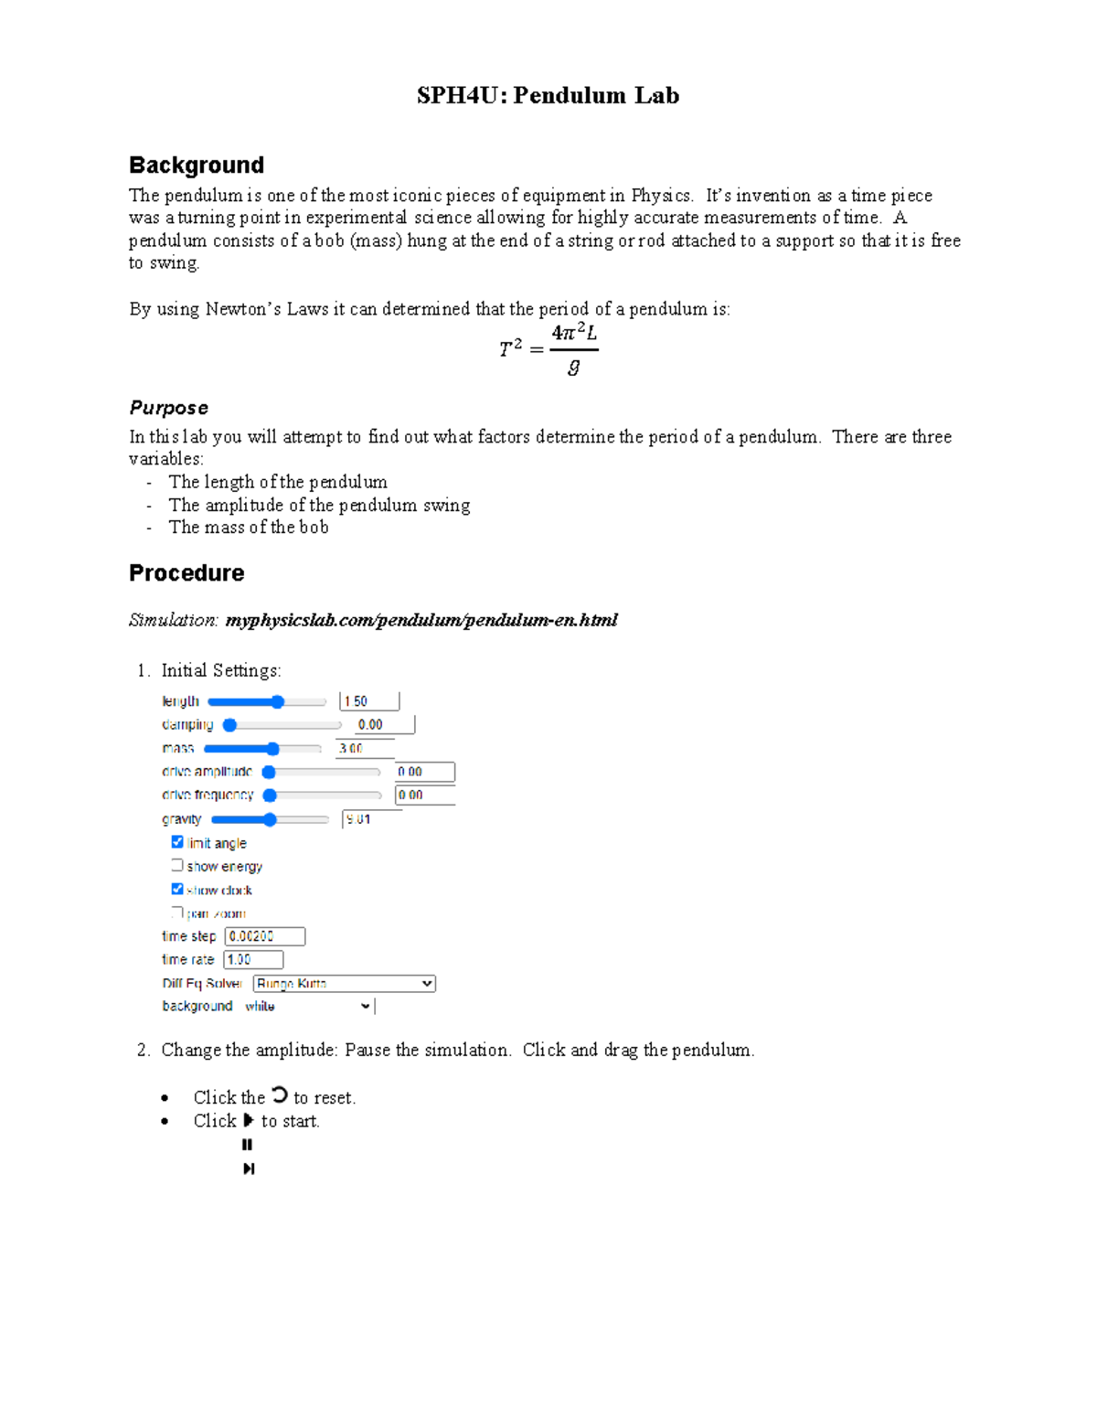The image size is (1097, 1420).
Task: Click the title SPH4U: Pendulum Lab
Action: (548, 96)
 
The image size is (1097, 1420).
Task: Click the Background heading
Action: (197, 165)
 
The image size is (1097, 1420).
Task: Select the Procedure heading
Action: (186, 573)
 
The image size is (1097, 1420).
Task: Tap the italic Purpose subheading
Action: (169, 408)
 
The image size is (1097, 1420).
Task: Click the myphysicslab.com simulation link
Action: (421, 620)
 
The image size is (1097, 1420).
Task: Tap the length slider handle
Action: (277, 701)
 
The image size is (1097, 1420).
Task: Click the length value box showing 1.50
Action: (369, 701)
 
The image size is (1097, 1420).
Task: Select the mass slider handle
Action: (272, 749)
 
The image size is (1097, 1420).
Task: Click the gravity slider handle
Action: (270, 819)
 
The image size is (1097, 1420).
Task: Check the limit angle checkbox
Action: (177, 842)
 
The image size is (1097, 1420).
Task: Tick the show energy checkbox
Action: (177, 865)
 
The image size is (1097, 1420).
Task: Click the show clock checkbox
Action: (177, 889)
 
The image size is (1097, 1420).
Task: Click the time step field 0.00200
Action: (264, 936)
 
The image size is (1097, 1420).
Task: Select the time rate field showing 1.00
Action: (253, 959)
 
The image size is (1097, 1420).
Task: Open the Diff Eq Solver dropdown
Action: (344, 983)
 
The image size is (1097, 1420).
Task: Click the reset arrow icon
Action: (279, 1094)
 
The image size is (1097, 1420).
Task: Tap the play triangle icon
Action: (248, 1120)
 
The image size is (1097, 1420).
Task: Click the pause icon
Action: (247, 1145)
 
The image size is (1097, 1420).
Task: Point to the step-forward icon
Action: (248, 1169)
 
